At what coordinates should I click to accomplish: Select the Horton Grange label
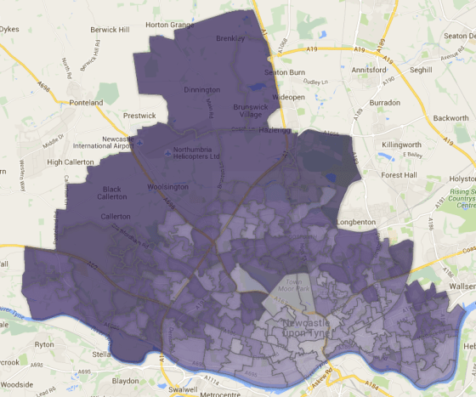[x=170, y=25]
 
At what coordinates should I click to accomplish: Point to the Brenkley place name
[x=229, y=39]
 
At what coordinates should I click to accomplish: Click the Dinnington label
[x=201, y=89]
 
